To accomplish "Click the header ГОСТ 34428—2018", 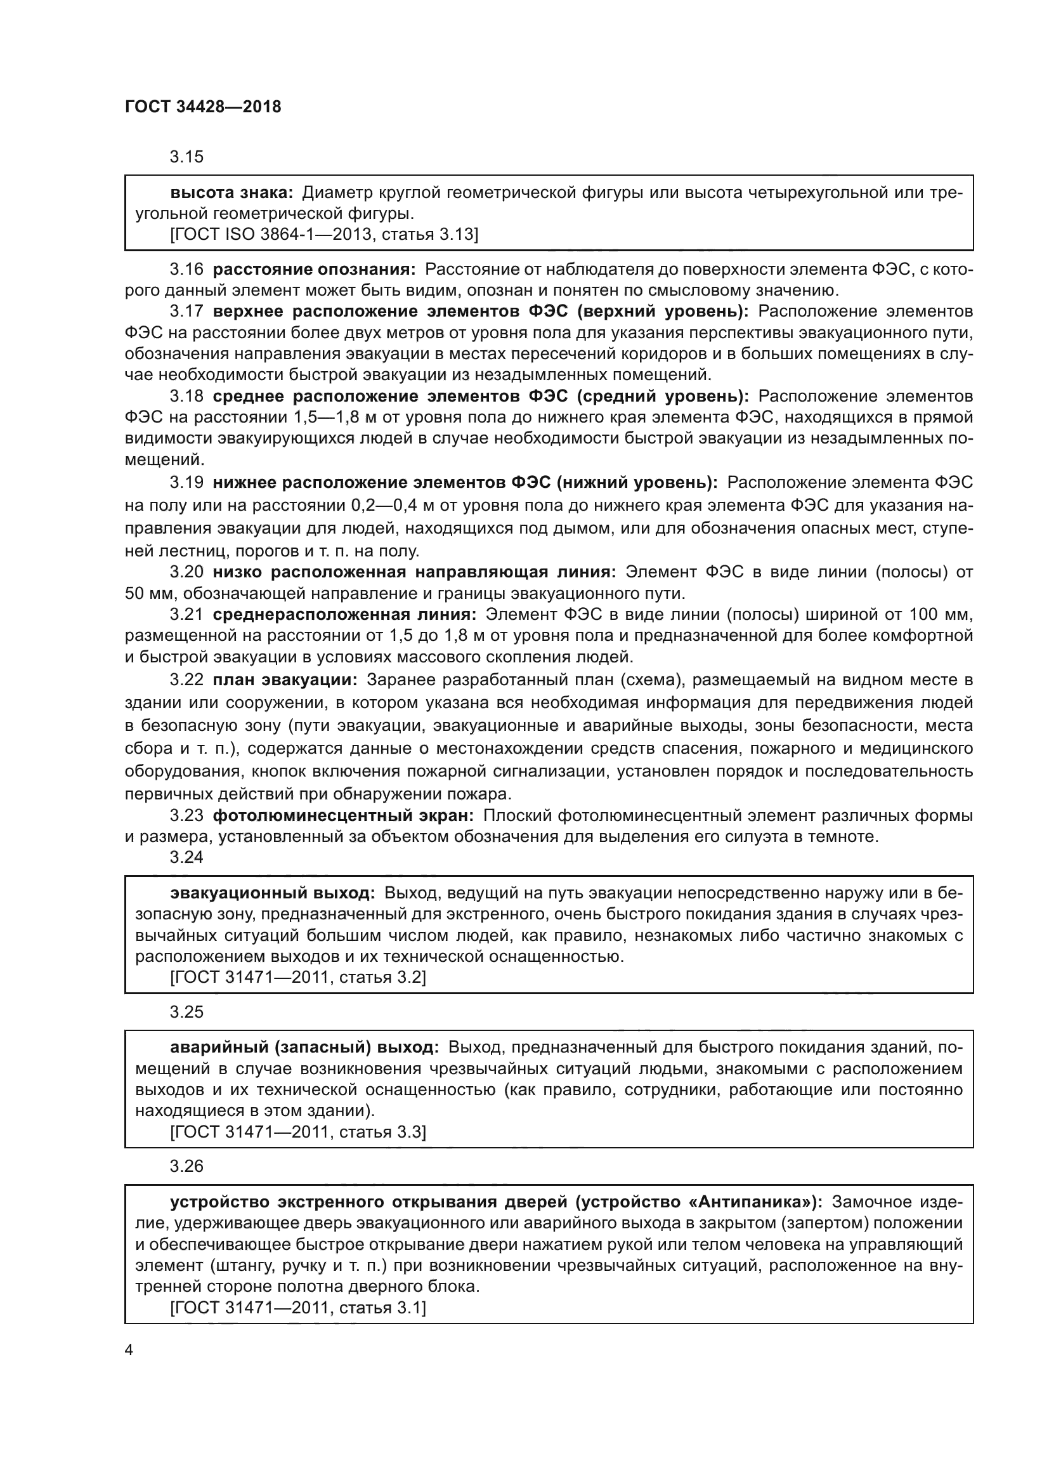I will pyautogui.click(x=203, y=107).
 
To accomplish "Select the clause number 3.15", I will pyautogui.click(x=186, y=157).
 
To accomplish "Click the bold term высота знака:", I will pyautogui.click(x=232, y=193).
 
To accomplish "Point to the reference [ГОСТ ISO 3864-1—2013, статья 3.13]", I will pyautogui.click(x=323, y=234).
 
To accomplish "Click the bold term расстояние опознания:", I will pyautogui.click(x=315, y=270).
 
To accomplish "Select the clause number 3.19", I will pyautogui.click(x=186, y=482).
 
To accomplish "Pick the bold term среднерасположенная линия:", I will pyautogui.click(x=344, y=614).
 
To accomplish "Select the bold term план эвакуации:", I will pyautogui.click(x=285, y=680).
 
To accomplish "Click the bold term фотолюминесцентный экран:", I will pyautogui.click(x=343, y=816).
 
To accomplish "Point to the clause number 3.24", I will pyautogui.click(x=186, y=857).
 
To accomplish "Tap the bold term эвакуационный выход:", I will pyautogui.click(x=273, y=893).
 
